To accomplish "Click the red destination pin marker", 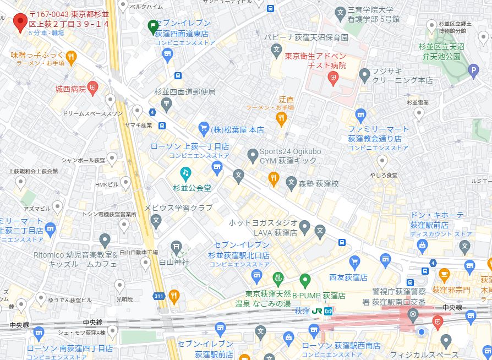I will coord(20,21).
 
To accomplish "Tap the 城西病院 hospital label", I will coord(70,88).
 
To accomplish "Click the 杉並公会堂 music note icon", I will coord(185,174).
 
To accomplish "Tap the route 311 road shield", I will coord(159,296).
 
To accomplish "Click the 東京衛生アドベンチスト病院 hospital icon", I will coord(332,78).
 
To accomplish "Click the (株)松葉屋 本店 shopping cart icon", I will coord(204,129).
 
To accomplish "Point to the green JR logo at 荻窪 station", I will coord(317,311).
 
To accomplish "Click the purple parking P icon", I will coord(473,70).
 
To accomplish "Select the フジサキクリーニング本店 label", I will coord(402,75).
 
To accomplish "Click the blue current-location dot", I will coord(421,331).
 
